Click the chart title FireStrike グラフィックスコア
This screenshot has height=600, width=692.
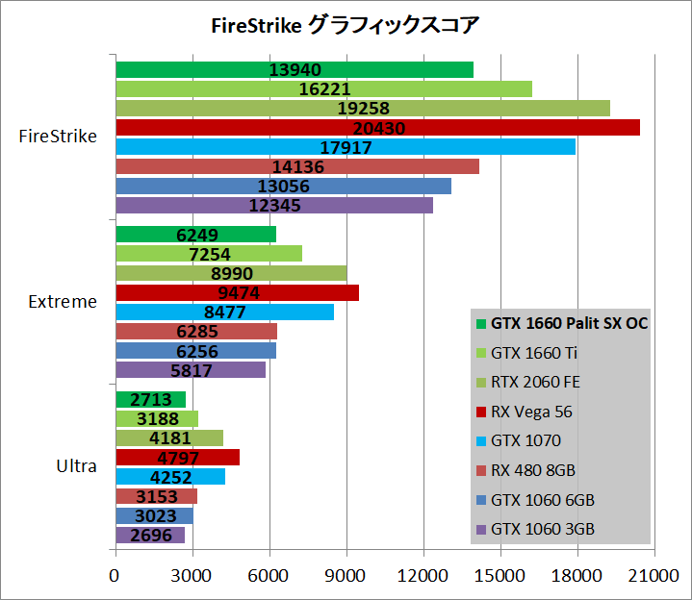(345, 24)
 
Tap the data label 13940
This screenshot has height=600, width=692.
(295, 69)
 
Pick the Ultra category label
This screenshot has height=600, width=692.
(76, 466)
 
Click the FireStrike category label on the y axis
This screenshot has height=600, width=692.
(58, 136)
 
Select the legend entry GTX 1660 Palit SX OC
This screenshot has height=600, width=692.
(569, 324)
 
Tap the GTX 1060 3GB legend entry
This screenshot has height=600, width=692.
(542, 529)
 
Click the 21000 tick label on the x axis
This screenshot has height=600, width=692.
(654, 575)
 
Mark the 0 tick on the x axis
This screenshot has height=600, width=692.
(115, 575)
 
